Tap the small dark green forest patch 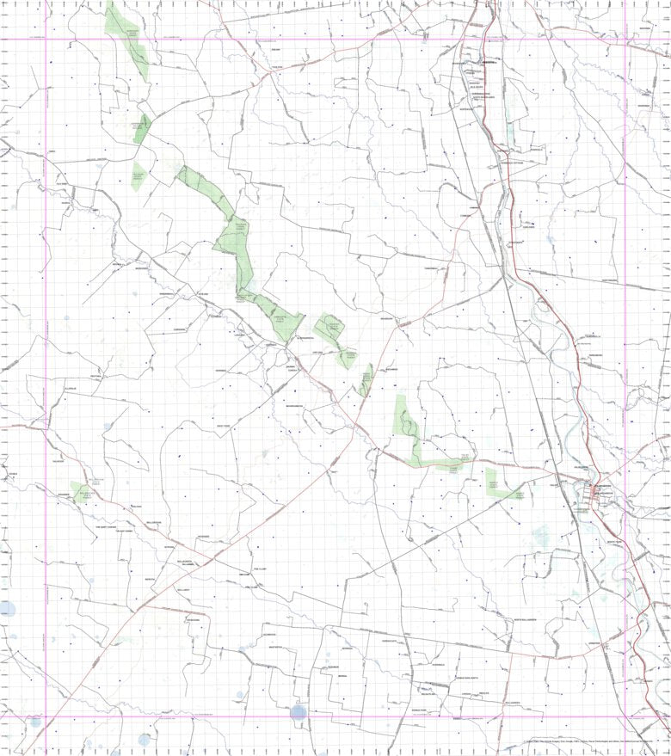tap(142, 128)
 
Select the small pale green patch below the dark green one tap(138, 176)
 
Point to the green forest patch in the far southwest tap(83, 492)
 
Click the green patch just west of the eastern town tap(501, 485)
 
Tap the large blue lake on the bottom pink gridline tap(299, 712)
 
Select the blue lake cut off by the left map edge tap(6, 609)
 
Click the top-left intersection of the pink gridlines tap(46, 39)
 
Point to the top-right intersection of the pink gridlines tap(625, 39)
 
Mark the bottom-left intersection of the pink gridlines tap(46, 716)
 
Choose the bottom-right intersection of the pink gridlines tap(625, 716)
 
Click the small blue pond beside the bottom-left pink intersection tap(35, 722)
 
